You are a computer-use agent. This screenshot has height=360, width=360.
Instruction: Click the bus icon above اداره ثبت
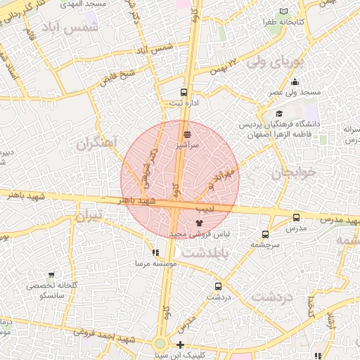pyautogui.click(x=184, y=92)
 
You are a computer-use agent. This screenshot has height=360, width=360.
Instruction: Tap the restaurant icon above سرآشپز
pyautogui.click(x=187, y=134)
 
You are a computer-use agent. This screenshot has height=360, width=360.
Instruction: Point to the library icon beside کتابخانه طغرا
pyautogui.click(x=283, y=12)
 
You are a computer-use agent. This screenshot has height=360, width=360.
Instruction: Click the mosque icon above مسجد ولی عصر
pyautogui.click(x=295, y=82)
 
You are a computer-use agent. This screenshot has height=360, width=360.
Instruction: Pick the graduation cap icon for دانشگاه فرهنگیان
pyautogui.click(x=279, y=114)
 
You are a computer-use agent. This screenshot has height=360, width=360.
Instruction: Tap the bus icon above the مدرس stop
pyautogui.click(x=296, y=218)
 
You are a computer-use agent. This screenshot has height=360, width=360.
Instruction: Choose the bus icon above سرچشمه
pyautogui.click(x=265, y=234)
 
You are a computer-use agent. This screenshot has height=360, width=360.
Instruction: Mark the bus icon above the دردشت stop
pyautogui.click(x=218, y=286)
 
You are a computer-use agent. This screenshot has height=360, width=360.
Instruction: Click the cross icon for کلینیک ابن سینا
pyautogui.click(x=181, y=345)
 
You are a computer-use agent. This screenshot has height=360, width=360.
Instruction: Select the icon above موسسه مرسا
pyautogui.click(x=155, y=252)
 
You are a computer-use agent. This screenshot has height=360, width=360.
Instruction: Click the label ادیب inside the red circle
pyautogui.click(x=205, y=210)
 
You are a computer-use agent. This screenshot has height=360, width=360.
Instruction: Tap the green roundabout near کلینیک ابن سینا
pyautogui.click(x=161, y=344)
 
